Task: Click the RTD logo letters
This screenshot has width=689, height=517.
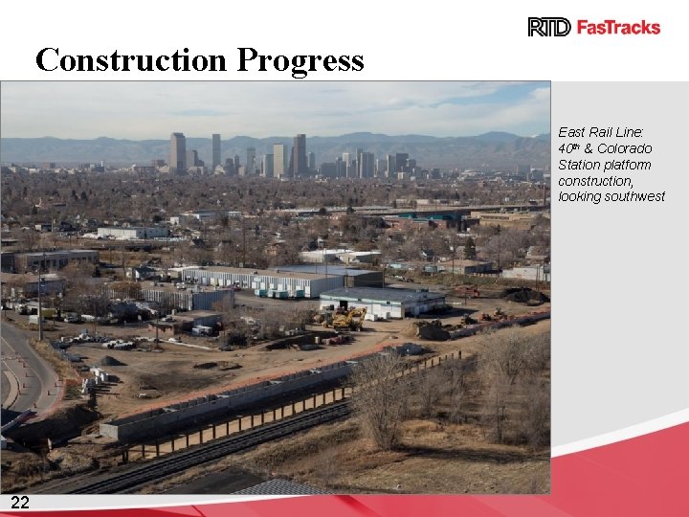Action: point(549,27)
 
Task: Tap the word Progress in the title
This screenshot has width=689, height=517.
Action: point(300,60)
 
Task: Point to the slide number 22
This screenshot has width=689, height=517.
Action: point(19,504)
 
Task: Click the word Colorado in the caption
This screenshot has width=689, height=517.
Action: point(625,148)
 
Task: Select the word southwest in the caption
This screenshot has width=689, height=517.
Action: point(635,196)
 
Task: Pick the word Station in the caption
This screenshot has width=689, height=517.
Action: point(578,165)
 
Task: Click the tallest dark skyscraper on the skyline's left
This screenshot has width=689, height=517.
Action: point(178,153)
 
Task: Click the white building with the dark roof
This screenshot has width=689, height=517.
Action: point(383,303)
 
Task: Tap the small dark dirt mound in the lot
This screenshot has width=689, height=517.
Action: point(108,361)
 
